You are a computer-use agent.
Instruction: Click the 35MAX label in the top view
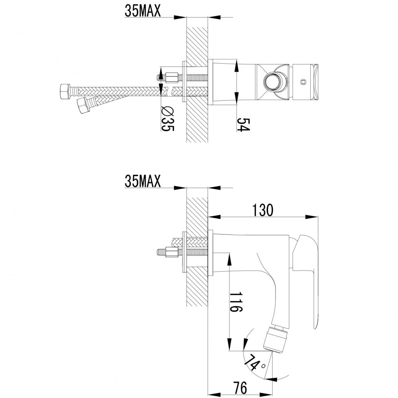(143, 11)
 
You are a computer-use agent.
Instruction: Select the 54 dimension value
(244, 125)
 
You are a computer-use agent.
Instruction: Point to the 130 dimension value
(263, 210)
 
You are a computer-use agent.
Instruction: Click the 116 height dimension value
(236, 302)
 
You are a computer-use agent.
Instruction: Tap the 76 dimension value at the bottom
(240, 388)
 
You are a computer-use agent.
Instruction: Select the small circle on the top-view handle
(303, 82)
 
